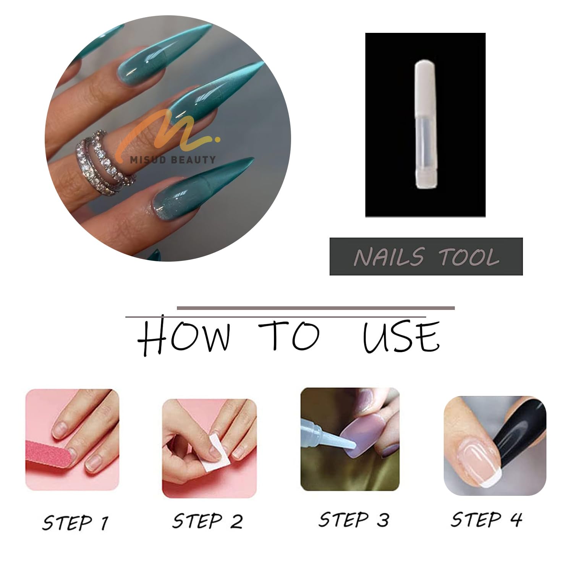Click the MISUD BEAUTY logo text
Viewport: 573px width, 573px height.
coord(173,160)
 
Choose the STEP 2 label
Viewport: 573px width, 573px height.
coord(207,521)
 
